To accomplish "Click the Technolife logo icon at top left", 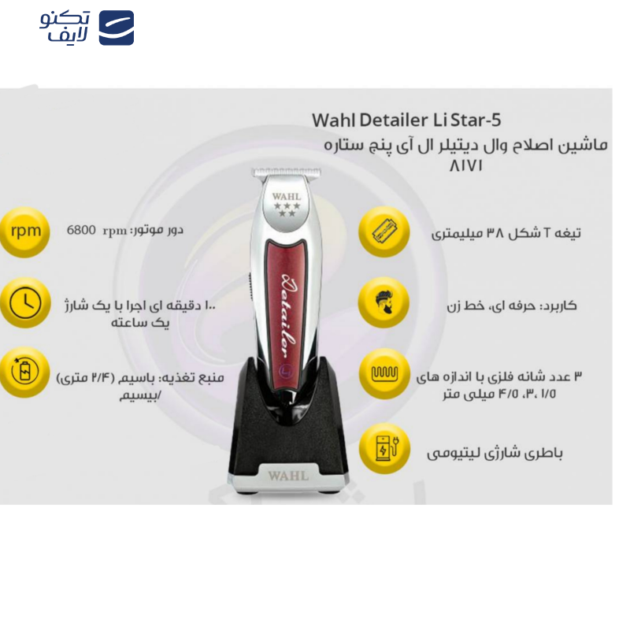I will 116,28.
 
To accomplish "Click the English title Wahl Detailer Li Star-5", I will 406,120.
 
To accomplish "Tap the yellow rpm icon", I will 24,231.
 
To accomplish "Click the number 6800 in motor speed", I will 81,230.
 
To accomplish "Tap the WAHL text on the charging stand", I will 287,476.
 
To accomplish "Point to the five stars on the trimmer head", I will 285,208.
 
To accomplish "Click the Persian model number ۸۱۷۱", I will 465,167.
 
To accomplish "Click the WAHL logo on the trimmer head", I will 284,194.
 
